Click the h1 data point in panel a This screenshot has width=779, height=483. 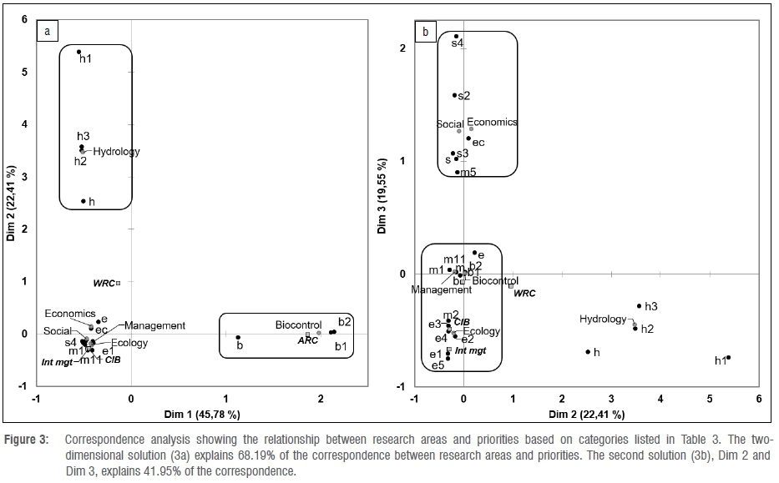pyautogui.click(x=79, y=52)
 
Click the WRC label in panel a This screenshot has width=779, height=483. pyautogui.click(x=104, y=284)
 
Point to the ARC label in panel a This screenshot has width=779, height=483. pyautogui.click(x=308, y=340)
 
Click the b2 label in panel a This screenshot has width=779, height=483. pyautogui.click(x=345, y=321)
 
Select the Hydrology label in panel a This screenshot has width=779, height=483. pyautogui.click(x=116, y=152)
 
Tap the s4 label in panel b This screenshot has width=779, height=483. pyautogui.click(x=457, y=43)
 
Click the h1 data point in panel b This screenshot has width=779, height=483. pyautogui.click(x=728, y=357)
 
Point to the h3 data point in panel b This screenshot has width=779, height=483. pyautogui.click(x=640, y=306)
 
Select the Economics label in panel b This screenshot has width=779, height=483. pyautogui.click(x=492, y=122)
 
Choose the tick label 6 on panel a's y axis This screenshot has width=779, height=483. pyautogui.click(x=24, y=19)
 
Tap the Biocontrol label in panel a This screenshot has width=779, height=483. pyautogui.click(x=300, y=325)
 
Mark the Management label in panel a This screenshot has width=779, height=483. pyautogui.click(x=155, y=325)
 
